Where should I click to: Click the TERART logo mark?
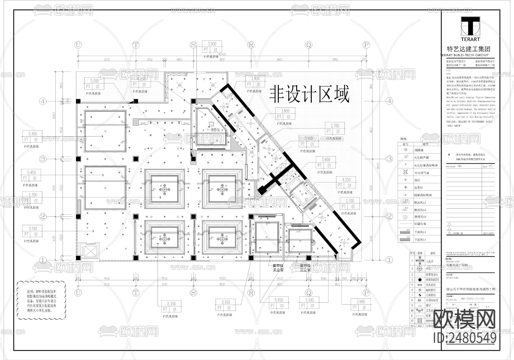pos(470,26)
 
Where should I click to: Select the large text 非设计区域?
pos(310,95)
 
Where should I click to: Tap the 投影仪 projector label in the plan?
pos(215,129)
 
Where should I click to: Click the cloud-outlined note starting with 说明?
pos(42,301)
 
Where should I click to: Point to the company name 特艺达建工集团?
pos(468,49)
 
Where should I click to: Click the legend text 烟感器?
pos(419,150)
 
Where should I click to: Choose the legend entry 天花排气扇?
pos(421,173)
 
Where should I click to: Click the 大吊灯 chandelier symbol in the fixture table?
pos(419,261)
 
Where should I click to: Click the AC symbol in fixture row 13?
pos(419,326)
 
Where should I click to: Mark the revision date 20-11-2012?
pos(488,233)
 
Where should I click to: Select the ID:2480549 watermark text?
pos(465,338)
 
